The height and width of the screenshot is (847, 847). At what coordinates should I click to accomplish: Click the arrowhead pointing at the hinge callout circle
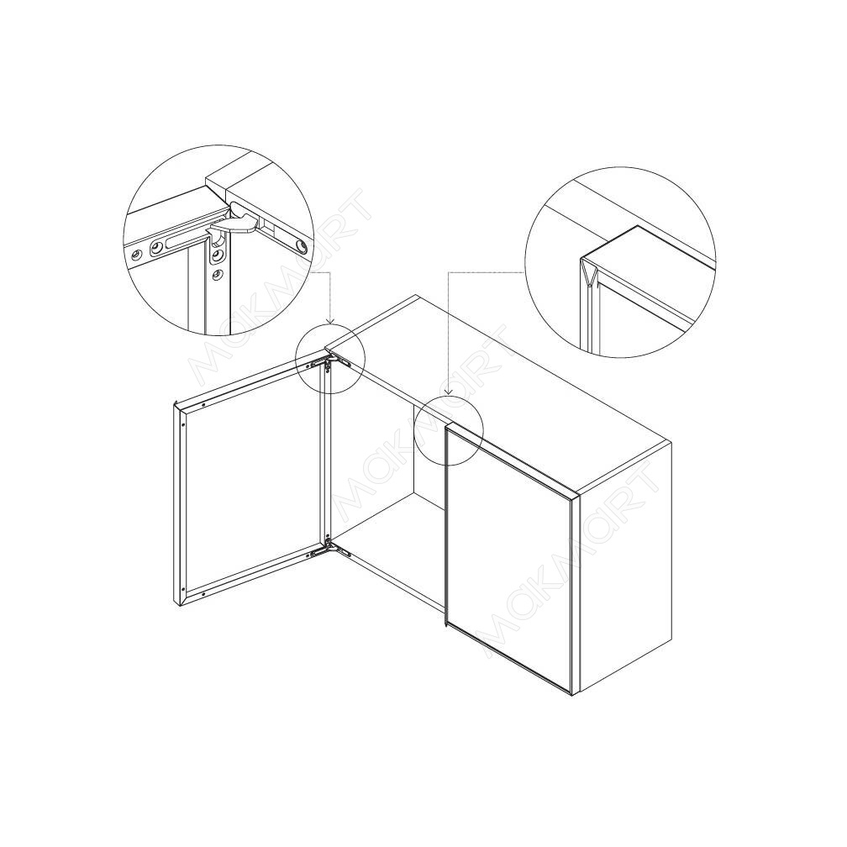point(330,322)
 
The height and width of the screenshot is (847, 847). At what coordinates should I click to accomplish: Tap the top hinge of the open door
point(330,360)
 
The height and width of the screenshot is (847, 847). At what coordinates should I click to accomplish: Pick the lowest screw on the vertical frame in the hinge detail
point(218,275)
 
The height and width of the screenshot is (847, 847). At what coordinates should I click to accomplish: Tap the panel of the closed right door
point(508,558)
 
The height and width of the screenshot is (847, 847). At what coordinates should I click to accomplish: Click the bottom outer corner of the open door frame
point(178,606)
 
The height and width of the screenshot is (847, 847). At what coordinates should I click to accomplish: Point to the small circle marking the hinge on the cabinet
point(330,359)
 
